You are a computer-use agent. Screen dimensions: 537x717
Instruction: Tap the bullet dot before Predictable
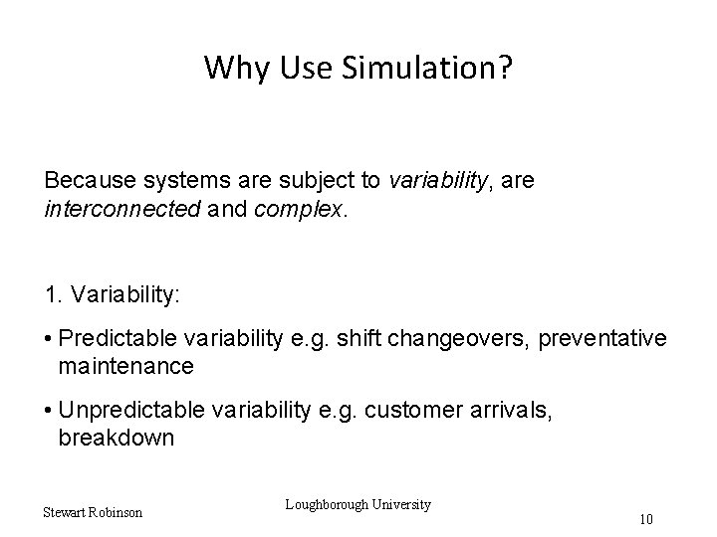click(49, 340)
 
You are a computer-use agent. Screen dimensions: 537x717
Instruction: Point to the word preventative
click(602, 340)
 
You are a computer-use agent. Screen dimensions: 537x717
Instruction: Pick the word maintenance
click(125, 367)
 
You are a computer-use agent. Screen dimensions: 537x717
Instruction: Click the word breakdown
click(117, 439)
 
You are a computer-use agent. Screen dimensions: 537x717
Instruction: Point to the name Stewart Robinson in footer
click(93, 513)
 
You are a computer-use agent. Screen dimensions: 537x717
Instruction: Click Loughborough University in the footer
click(358, 504)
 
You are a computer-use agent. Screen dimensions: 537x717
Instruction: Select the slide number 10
click(647, 519)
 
